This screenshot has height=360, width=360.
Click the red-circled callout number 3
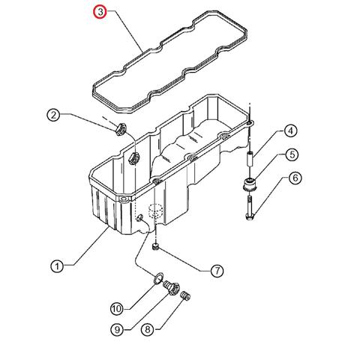(100, 12)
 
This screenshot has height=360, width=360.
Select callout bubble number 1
(57, 266)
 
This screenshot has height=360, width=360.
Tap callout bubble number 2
(53, 115)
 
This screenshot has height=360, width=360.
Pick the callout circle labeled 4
(290, 130)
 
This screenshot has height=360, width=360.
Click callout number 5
(292, 154)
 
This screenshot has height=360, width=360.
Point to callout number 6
(295, 178)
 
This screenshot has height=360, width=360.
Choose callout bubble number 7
(217, 270)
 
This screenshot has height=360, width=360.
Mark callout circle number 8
(148, 329)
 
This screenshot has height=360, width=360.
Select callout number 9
(117, 329)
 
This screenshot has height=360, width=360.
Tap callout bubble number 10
(117, 309)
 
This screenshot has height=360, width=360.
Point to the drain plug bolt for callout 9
(172, 287)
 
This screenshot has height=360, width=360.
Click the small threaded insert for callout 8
(186, 296)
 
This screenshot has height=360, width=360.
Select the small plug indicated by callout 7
(155, 247)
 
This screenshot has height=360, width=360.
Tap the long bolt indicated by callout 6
(250, 208)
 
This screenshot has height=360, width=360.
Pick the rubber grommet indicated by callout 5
(250, 184)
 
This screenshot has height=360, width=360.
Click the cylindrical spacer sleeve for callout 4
(250, 158)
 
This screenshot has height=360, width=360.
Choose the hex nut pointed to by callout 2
(121, 129)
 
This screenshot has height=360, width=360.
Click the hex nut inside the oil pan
(133, 158)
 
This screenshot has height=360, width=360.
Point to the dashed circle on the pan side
(155, 212)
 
